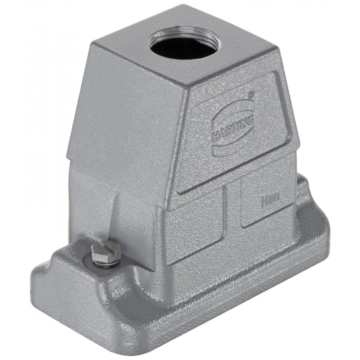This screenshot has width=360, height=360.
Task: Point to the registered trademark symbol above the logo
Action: [252, 94]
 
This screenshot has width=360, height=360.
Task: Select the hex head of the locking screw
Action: [105, 252]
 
